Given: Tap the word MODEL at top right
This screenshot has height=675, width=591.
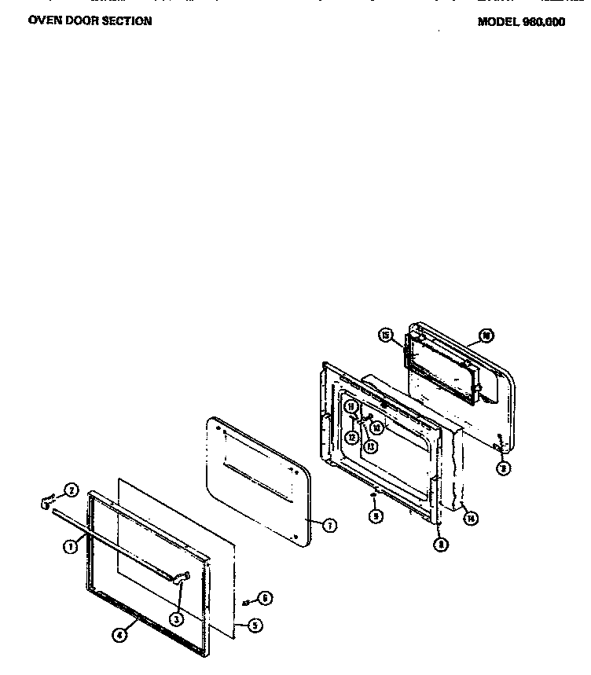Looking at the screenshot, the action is pos(498,22).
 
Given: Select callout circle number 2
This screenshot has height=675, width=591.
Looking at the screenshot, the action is pos(71,491).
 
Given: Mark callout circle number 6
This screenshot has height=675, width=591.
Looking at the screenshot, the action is pos(266,599).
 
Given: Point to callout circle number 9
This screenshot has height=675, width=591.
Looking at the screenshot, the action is pos(376,516).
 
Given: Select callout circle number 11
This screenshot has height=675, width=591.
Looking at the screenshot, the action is pos(351,406).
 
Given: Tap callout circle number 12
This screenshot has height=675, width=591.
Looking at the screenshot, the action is pos(353,436).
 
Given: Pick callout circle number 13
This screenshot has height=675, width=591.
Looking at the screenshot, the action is pos(369,445).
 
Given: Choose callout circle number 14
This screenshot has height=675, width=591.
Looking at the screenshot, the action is pos(470,519).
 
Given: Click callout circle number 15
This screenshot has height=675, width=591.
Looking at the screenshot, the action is pos(385,336).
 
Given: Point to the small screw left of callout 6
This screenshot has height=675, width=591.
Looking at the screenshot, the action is pos(248,602).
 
